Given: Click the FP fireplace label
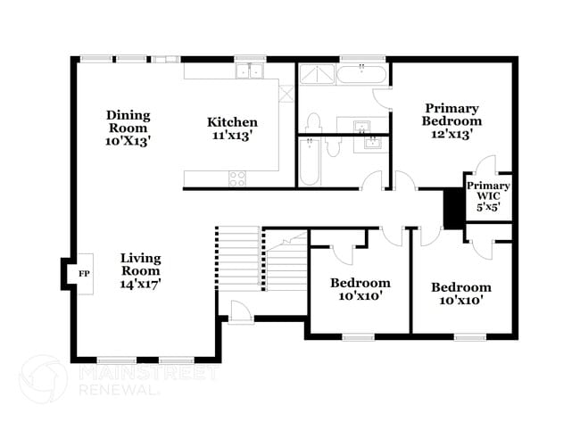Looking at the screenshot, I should pos(84,273).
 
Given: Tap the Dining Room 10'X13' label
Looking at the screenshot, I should pos(128,127).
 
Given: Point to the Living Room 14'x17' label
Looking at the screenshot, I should pos(141,270).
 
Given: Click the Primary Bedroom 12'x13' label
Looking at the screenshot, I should pos(452,120).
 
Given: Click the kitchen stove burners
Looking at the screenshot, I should pos(237,178).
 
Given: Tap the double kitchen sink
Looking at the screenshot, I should pos(247,70).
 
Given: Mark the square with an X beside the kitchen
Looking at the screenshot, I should pos(286,93).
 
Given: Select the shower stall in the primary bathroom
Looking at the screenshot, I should pos(313,75).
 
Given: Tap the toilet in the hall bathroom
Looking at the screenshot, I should pos(334,147).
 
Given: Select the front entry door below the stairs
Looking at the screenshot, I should pos(240,311).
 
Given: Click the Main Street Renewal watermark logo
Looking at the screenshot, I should pos(42,378).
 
